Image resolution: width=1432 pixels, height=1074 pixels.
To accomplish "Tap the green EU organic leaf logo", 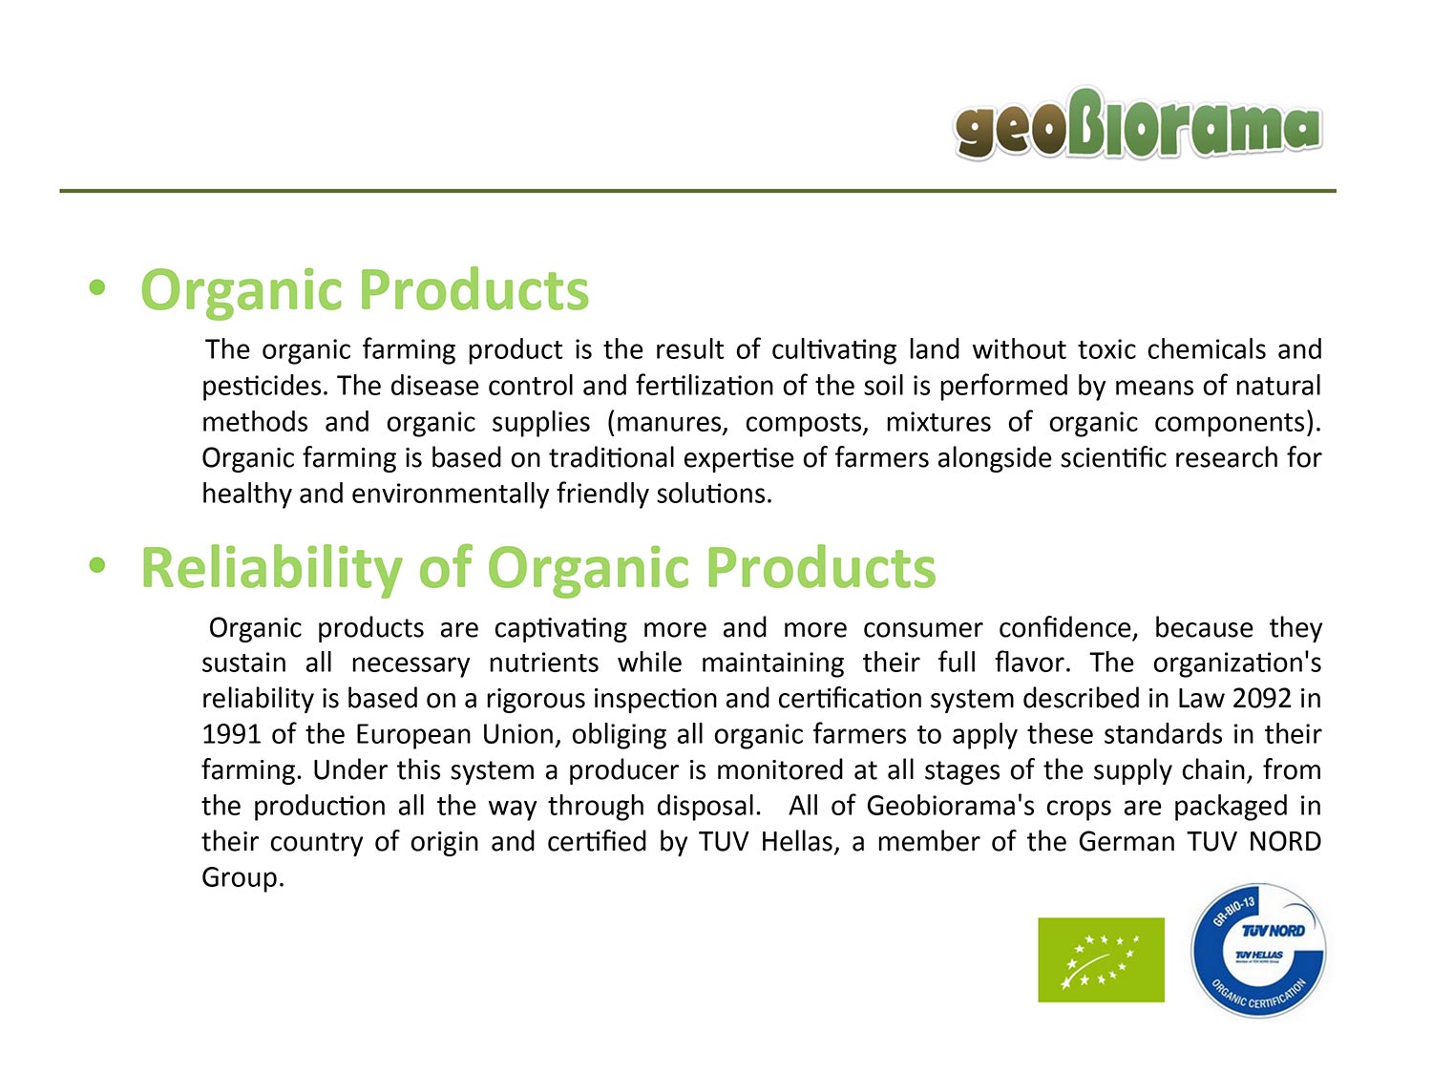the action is (1101, 959).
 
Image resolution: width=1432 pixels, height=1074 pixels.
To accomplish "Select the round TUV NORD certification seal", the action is (1258, 950).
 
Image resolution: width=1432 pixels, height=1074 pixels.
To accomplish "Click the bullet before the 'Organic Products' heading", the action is (96, 287).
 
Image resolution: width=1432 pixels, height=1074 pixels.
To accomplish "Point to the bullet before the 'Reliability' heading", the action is (96, 565).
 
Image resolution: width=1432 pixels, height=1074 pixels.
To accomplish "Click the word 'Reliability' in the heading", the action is (271, 569).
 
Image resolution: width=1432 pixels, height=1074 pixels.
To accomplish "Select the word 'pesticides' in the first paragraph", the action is (263, 387).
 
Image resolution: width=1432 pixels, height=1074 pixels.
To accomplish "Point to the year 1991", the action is (231, 734).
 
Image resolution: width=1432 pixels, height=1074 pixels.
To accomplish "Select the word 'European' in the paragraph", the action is (413, 735).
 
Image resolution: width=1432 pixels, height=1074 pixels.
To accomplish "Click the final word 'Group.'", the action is (242, 878).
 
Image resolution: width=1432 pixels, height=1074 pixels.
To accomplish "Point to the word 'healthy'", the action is (246, 495).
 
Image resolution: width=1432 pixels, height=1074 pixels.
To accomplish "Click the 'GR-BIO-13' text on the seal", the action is (1233, 911).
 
